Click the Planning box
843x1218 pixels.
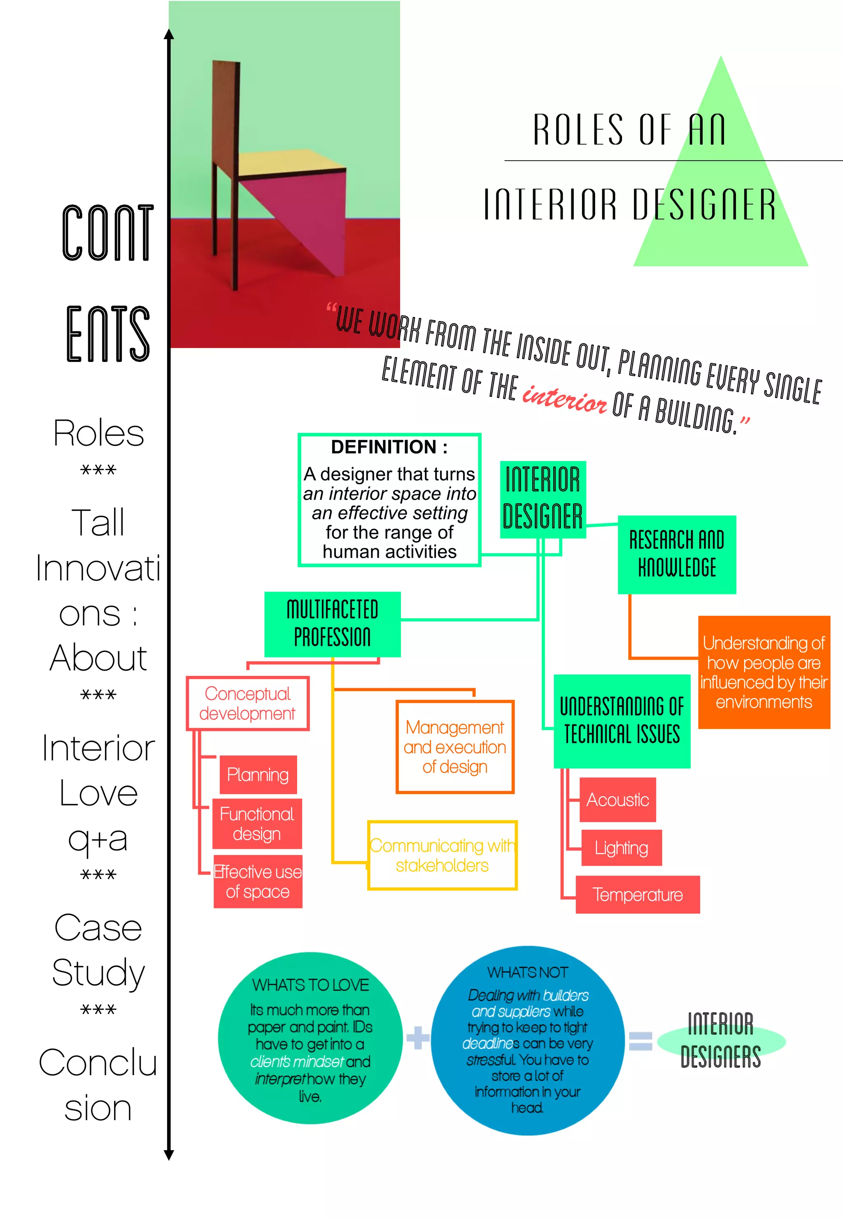[258, 774]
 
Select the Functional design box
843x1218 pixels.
[257, 823]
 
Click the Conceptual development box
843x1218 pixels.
[247, 703]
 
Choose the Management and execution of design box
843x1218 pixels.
[455, 747]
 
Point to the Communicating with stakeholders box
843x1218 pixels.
[442, 855]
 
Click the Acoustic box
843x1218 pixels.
[617, 800]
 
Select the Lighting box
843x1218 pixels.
[621, 848]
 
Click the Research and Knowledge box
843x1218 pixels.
[677, 554]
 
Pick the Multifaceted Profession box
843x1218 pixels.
[332, 624]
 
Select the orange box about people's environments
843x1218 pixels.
[764, 672]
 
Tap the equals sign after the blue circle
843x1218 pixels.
[640, 1041]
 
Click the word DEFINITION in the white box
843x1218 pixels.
[384, 447]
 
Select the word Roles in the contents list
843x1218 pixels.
[98, 433]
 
